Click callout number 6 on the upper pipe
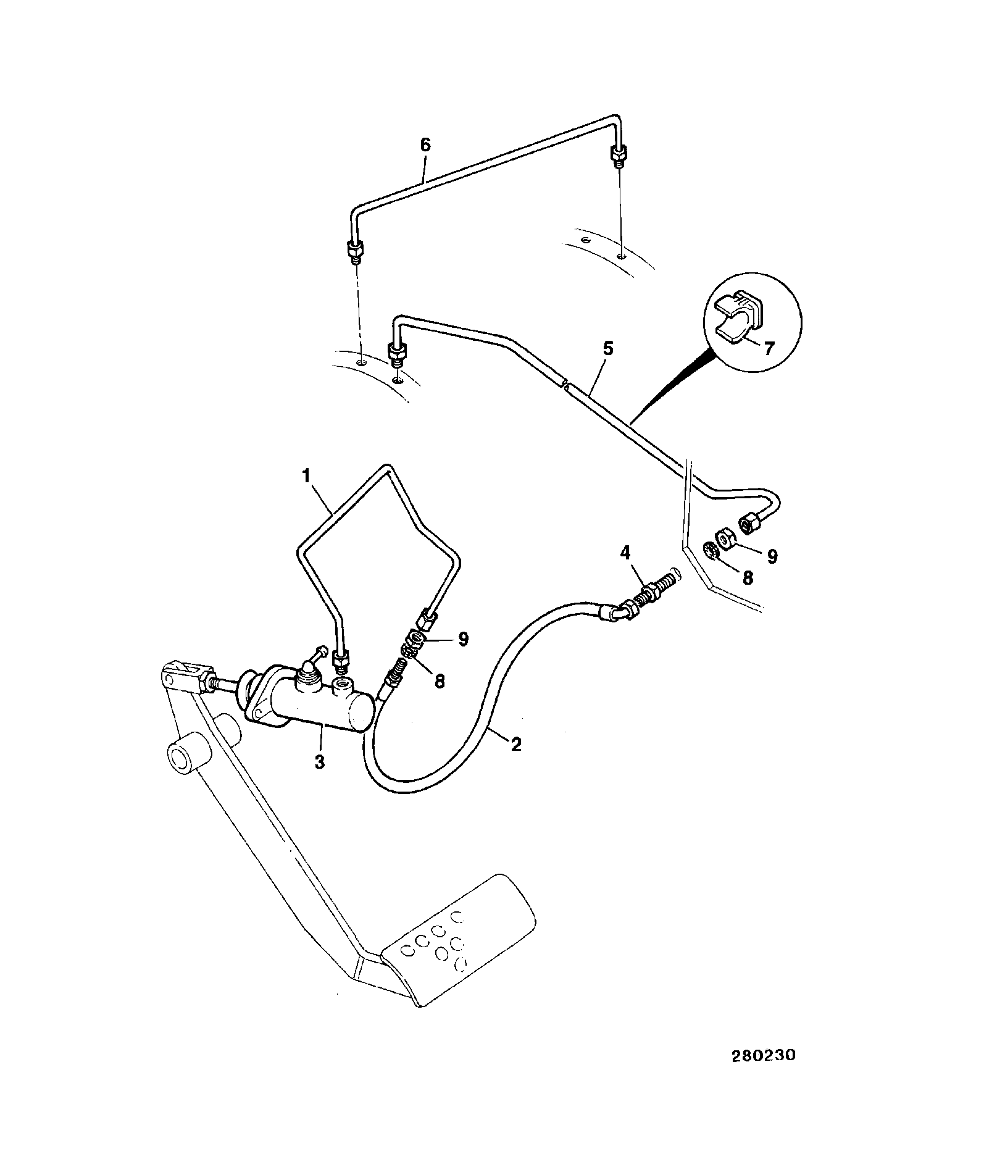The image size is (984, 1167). tap(425, 146)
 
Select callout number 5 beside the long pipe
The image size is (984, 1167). tap(608, 349)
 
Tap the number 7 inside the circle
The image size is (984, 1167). tap(769, 348)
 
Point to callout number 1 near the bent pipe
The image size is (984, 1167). tap(306, 476)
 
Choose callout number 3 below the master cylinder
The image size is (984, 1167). tap(319, 762)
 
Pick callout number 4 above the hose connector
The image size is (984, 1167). tap(625, 553)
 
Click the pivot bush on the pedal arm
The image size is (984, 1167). tap(187, 753)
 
